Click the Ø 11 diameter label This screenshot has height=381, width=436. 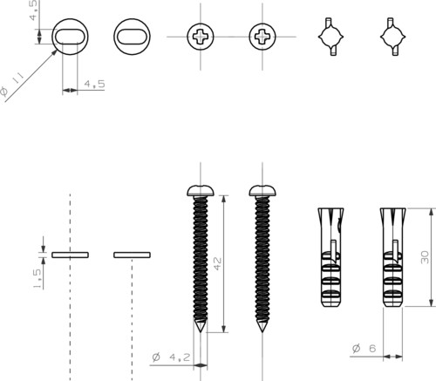pyautogui.click(x=11, y=85)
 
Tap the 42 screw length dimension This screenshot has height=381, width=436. pyautogui.click(x=217, y=263)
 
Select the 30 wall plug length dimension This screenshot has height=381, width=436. pyautogui.click(x=425, y=257)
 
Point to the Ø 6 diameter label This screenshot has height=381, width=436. pyautogui.click(x=364, y=348)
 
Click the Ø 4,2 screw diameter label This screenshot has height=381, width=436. pyautogui.click(x=171, y=357)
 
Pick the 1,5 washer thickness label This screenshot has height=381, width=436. pyautogui.click(x=37, y=278)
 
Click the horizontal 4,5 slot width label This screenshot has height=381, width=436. pyautogui.click(x=94, y=84)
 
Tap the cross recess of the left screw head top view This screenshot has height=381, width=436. pyautogui.click(x=201, y=37)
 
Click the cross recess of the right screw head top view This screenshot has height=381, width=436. pyautogui.click(x=262, y=37)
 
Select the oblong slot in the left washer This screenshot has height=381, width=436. pyautogui.click(x=70, y=37)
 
